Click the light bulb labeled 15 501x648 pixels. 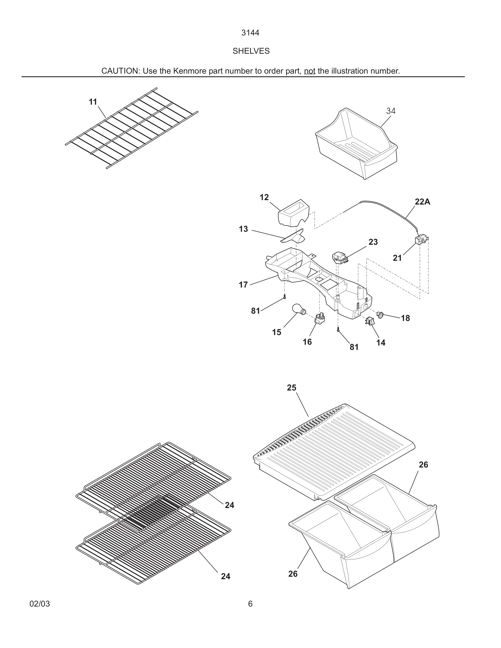click(298, 309)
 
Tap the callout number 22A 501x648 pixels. click(422, 202)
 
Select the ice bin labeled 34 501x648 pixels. click(356, 145)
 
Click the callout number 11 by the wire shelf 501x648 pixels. click(93, 102)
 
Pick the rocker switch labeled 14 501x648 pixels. click(369, 321)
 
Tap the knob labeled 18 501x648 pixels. click(380, 314)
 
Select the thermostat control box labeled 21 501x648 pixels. click(420, 240)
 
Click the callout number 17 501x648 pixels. click(243, 285)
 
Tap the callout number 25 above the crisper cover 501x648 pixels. click(291, 388)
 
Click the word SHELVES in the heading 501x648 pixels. click(251, 51)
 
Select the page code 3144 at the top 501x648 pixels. click(250, 33)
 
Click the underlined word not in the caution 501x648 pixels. click(309, 71)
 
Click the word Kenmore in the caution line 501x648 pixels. click(187, 71)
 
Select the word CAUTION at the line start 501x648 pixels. click(120, 71)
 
